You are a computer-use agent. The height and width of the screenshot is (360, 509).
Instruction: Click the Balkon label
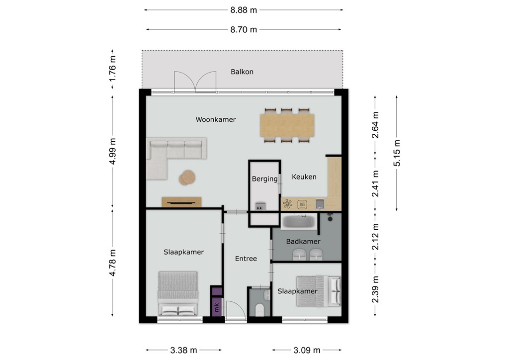coord(242,72)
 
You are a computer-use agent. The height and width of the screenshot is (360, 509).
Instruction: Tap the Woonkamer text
coord(216,119)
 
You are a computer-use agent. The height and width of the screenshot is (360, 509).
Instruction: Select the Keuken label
coord(304,177)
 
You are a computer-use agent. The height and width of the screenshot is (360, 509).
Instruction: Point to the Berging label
coord(264,179)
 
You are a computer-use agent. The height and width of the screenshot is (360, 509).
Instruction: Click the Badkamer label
coord(303,242)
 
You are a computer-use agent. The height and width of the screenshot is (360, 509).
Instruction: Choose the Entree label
coord(246,259)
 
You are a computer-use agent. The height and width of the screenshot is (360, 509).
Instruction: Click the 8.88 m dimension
coord(244,10)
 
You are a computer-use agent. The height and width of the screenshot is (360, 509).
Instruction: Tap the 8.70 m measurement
coord(244,29)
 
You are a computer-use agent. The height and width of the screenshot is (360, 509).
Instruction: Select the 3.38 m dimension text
coord(183,350)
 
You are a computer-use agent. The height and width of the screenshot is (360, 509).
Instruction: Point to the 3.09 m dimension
coord(307,350)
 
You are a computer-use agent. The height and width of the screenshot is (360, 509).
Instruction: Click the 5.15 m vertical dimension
coord(397,153)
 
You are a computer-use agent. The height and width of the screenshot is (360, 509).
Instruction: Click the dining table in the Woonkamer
coord(287,125)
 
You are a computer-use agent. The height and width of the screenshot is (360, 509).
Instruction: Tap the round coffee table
coord(187,178)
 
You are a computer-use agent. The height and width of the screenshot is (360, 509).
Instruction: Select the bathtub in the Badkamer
coord(299,222)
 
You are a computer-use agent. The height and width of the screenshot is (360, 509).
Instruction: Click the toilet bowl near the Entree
coord(259,309)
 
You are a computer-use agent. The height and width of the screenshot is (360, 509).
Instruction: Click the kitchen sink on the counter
coord(320,204)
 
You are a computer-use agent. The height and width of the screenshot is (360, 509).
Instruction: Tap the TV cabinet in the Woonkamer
coord(181,202)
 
